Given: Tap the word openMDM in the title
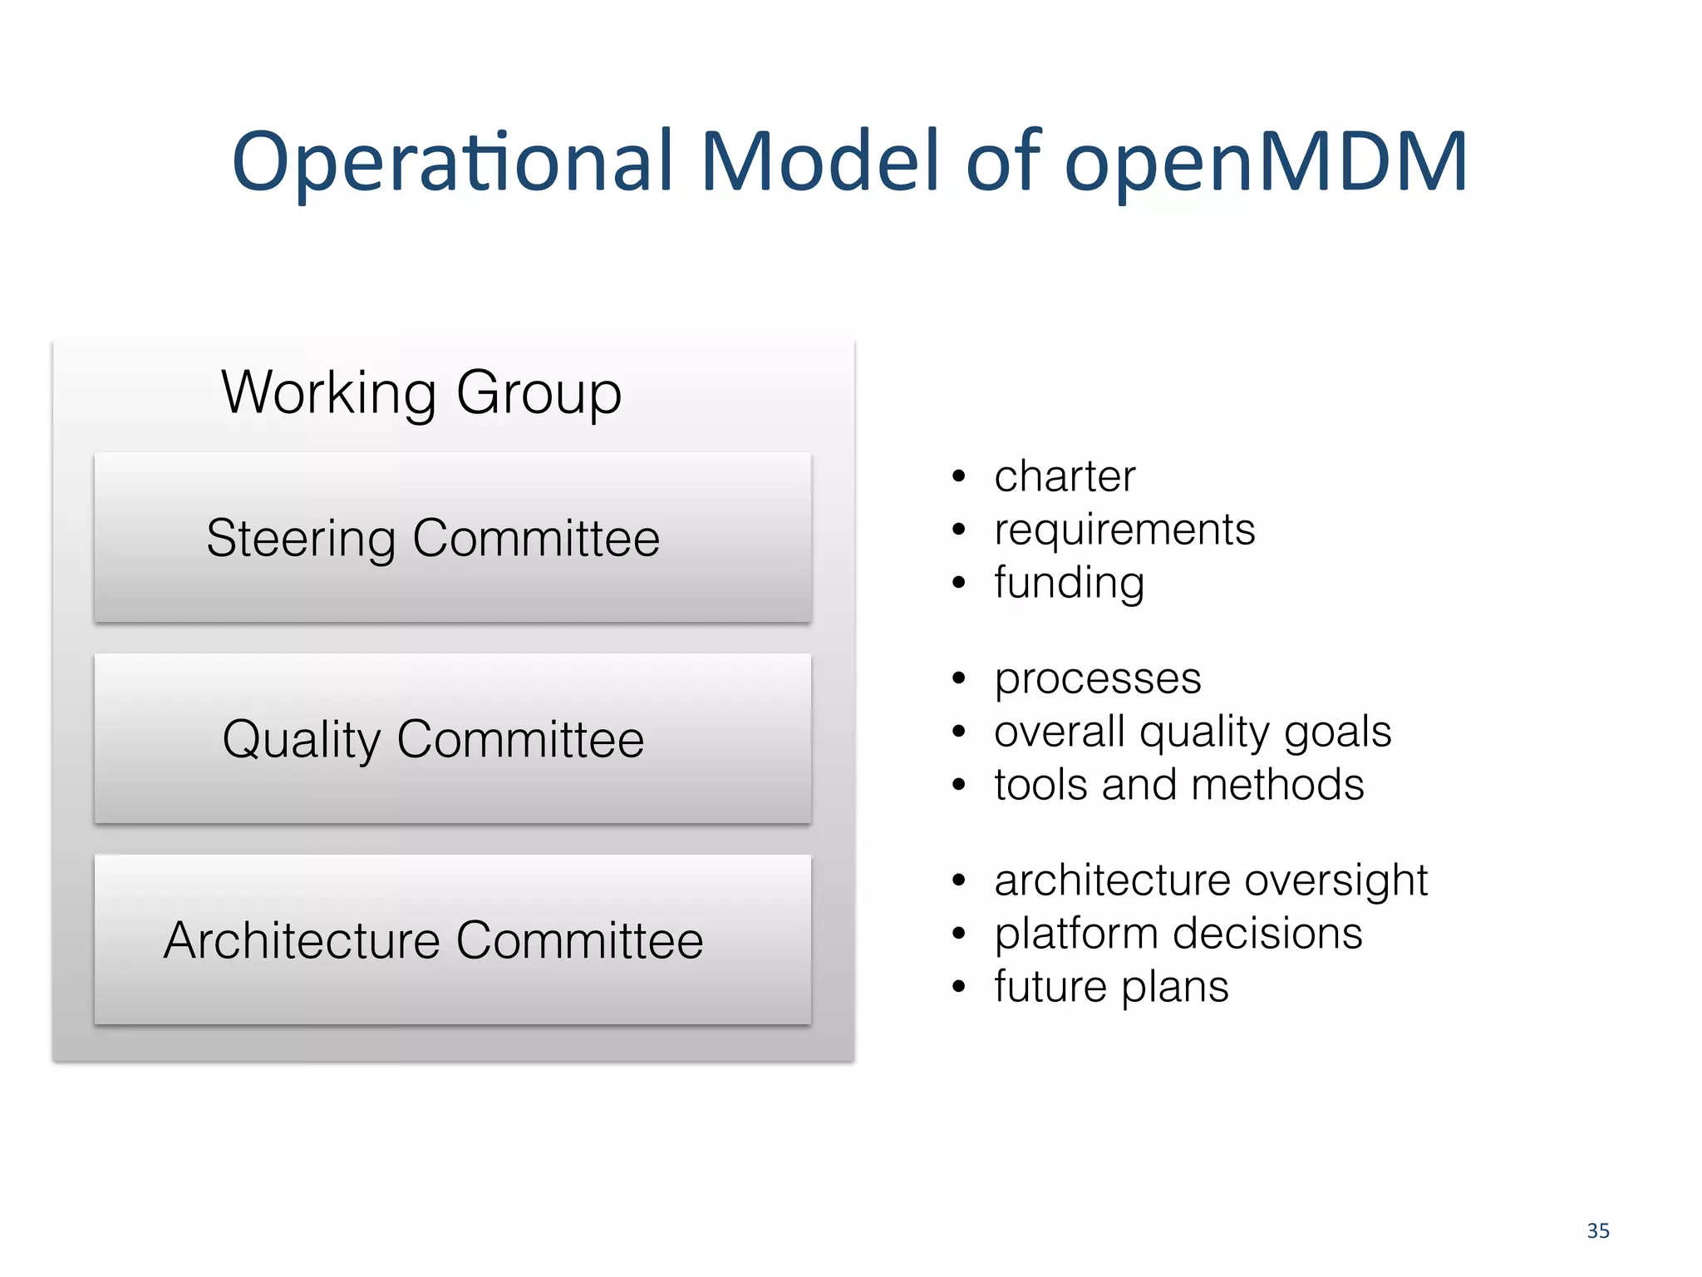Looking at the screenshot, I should (x=1266, y=161).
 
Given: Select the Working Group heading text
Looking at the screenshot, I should (x=421, y=392).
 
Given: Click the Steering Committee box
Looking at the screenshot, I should (x=453, y=538).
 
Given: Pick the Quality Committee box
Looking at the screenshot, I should (x=453, y=739).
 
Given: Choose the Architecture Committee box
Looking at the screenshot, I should (x=453, y=940).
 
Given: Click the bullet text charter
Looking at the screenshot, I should (x=1065, y=477).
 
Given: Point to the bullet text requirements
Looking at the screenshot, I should (x=1124, y=530).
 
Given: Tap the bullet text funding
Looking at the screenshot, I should (x=1069, y=583).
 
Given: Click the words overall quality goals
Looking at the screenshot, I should (x=1193, y=732).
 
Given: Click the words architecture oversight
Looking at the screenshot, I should (x=1211, y=880).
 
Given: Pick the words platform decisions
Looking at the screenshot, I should (x=1178, y=934).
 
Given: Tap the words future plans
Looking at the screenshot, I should (x=1111, y=987).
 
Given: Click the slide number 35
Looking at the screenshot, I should (x=1597, y=1231).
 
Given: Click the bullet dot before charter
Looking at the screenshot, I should (x=959, y=477).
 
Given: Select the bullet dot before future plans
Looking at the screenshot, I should (x=959, y=987).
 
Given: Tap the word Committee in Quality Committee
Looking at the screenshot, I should (x=520, y=739).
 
